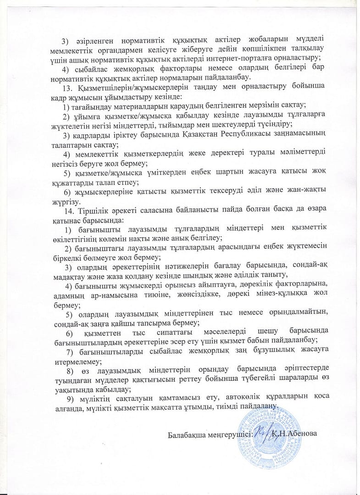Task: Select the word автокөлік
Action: (244, 396)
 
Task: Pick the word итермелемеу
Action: (69, 360)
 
